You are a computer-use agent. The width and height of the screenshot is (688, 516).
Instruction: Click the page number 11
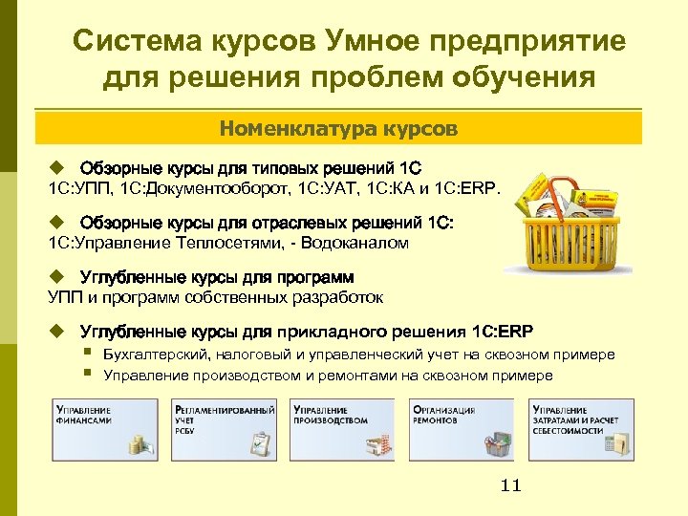tap(511, 486)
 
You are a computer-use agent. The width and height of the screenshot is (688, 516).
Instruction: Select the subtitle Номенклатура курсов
tap(339, 127)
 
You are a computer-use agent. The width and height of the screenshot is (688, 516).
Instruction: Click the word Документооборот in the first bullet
tap(219, 187)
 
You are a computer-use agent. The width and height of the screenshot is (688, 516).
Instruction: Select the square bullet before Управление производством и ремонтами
tap(87, 374)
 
